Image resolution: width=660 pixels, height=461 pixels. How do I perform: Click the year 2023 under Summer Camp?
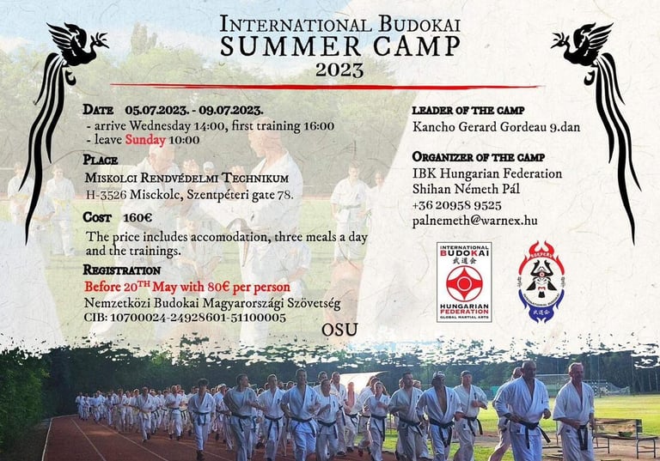[339, 70]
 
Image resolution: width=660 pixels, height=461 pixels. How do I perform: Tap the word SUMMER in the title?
[290, 45]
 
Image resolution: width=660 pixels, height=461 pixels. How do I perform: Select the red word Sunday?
[145, 140]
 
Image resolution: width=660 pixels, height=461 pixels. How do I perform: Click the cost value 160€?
[137, 218]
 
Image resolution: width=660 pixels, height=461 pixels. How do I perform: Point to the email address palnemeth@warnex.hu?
[474, 221]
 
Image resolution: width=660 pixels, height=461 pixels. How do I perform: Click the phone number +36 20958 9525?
[456, 205]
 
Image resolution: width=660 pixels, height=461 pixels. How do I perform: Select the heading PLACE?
[101, 160]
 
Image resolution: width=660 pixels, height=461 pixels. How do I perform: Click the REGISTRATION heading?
[122, 270]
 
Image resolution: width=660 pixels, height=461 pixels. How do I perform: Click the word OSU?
[339, 330]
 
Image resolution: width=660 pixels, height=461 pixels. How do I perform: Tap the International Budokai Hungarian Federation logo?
[464, 282]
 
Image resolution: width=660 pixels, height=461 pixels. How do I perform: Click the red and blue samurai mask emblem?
[541, 282]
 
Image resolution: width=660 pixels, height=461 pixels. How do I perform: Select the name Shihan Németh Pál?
[466, 189]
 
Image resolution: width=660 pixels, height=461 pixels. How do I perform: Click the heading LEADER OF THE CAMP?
[468, 111]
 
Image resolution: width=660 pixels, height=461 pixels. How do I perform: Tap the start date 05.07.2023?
[156, 110]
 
